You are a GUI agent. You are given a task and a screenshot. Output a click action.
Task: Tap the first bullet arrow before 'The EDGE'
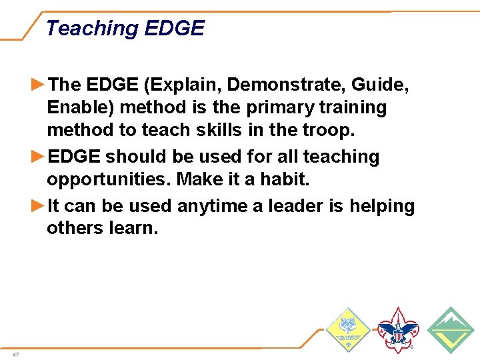pyautogui.click(x=39, y=84)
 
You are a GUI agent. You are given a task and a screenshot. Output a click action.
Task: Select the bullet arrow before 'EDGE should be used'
pyautogui.click(x=39, y=157)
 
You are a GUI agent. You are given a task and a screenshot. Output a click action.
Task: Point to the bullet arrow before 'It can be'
pyautogui.click(x=39, y=206)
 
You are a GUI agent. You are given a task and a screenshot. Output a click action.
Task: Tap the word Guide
pyautogui.click(x=382, y=85)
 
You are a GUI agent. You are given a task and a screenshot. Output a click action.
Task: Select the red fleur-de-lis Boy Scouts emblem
pyautogui.click(x=398, y=329)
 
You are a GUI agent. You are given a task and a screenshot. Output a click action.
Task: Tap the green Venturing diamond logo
pyautogui.click(x=451, y=330)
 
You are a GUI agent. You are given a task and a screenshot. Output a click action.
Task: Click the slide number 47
pyautogui.click(x=15, y=355)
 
